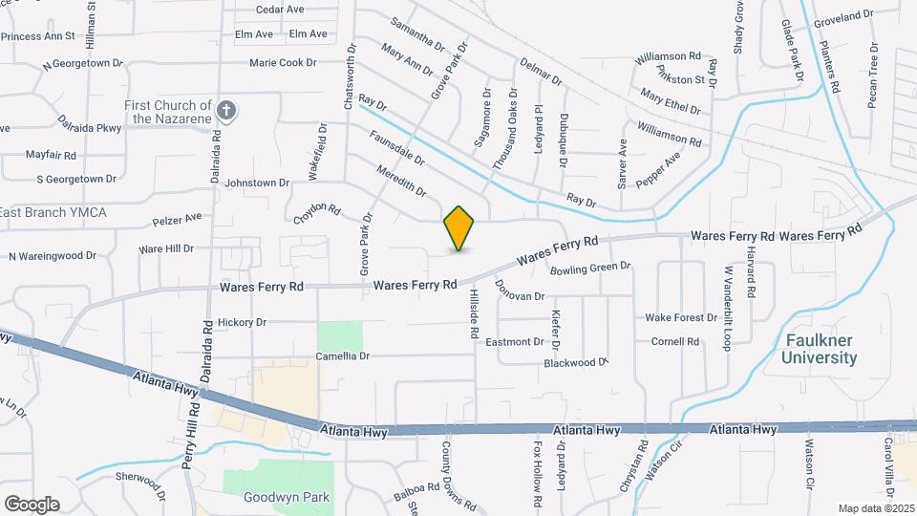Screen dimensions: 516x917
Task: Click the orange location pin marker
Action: pos(459,227)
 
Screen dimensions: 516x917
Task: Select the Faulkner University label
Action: pos(820,349)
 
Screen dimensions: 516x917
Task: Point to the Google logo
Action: pos(32,504)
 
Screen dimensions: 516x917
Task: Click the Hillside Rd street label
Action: pos(473,316)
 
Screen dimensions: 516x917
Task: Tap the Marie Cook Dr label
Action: pos(283,63)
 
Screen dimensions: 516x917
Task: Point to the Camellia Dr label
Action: pos(343,356)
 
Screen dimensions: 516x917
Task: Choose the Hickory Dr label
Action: pos(243,322)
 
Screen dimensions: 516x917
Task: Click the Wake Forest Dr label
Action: pos(681,317)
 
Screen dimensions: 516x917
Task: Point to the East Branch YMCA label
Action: pos(53,211)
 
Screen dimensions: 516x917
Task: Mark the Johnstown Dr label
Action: pos(256,182)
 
